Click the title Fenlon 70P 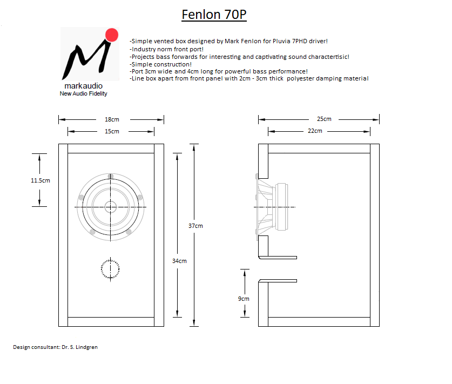tap(214, 15)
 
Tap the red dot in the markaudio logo tap(112, 35)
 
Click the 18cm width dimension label tap(112, 119)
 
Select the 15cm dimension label tap(112, 131)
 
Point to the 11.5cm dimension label tap(41, 180)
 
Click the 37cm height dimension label tap(195, 226)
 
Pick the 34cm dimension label tap(179, 261)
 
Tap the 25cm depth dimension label tap(324, 119)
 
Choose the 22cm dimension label tap(315, 131)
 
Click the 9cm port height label tap(244, 299)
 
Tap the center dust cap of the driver tap(110, 207)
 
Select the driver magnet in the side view tap(281, 207)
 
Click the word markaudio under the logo tap(84, 86)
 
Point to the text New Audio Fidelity tap(83, 93)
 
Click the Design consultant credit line tap(55, 347)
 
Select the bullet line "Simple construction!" tap(160, 64)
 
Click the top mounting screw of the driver tap(110, 176)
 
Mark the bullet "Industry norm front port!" tap(167, 49)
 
